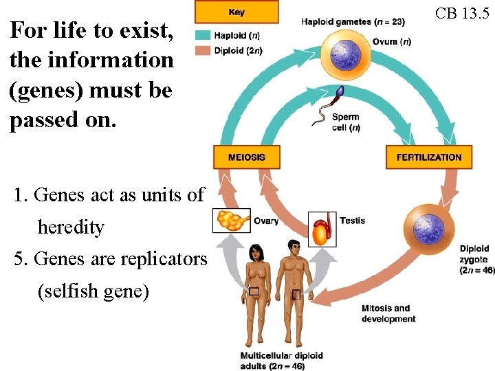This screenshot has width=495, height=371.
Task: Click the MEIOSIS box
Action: tap(246, 157)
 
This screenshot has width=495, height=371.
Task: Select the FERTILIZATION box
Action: tap(429, 157)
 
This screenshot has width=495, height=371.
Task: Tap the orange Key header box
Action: tap(236, 12)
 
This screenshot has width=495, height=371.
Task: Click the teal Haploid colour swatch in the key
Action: tap(203, 34)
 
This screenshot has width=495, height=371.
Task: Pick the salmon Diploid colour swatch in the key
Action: tap(203, 49)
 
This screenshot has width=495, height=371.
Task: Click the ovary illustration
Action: tap(232, 221)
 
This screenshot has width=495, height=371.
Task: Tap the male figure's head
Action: tap(292, 245)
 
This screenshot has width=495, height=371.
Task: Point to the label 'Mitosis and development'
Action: tap(388, 313)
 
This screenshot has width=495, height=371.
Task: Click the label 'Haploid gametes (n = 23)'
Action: tap(353, 21)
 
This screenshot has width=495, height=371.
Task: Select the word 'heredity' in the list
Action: tap(71, 227)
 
